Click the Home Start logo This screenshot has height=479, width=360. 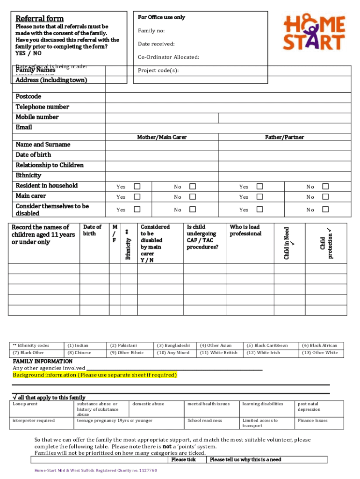314,32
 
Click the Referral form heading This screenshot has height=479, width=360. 40,19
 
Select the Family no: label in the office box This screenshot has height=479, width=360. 151,31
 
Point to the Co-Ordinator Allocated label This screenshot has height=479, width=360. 168,57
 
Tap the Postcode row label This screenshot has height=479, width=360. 29,96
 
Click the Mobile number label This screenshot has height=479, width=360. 37,117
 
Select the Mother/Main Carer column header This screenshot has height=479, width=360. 162,137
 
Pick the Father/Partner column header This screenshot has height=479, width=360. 284,137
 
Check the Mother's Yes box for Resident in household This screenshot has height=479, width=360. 137,186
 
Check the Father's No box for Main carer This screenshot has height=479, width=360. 326,197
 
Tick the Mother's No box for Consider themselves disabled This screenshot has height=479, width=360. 192,209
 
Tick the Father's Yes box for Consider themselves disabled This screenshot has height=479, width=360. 260,209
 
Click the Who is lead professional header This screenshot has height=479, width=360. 245,230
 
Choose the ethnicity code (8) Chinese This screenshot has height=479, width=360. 79,353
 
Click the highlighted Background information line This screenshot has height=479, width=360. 95,375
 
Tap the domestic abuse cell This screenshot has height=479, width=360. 148,404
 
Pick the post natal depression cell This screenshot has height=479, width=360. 309,406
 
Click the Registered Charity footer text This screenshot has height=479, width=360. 95,470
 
